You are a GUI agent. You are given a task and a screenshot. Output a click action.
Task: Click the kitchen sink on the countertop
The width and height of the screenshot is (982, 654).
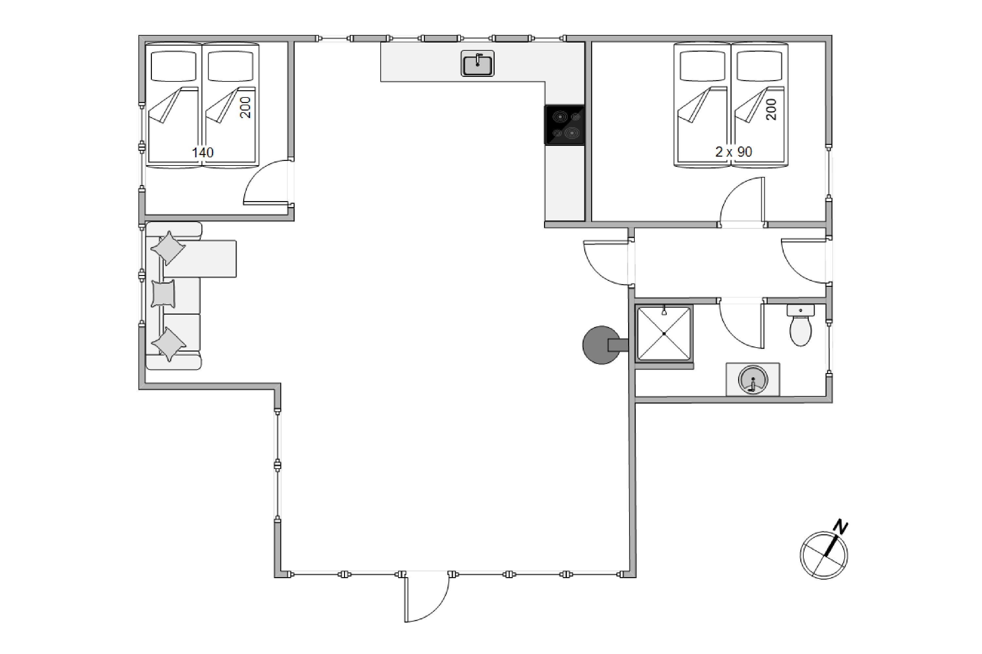tap(477, 63)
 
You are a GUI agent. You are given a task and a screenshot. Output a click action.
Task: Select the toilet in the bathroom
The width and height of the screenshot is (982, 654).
tap(800, 325)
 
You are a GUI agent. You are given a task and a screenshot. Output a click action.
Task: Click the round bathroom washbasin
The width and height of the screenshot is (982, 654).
tap(753, 380)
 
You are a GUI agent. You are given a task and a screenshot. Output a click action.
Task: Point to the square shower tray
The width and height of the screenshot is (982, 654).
tap(664, 334)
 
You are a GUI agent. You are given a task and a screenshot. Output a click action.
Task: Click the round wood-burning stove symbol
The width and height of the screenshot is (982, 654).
tap(601, 345)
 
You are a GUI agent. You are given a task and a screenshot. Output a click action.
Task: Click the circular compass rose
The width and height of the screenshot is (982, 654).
tap(824, 555)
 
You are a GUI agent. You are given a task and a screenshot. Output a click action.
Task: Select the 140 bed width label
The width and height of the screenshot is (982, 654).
tap(203, 152)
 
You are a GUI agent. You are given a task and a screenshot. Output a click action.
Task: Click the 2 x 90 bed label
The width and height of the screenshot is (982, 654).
tap(734, 151)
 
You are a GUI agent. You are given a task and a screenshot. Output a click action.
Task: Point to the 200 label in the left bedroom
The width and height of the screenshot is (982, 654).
tap(245, 108)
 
